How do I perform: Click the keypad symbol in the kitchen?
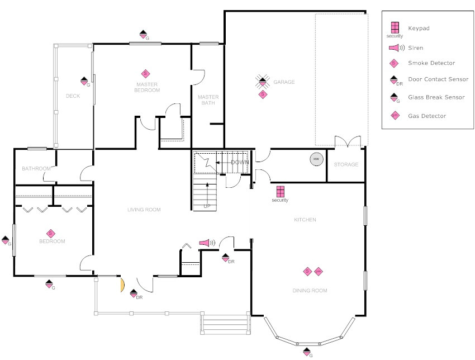tap(280, 191)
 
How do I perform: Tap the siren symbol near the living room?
tap(206, 243)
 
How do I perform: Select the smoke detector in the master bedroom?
tap(145, 73)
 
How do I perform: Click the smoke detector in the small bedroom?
tap(50, 234)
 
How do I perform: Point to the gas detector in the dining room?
tap(319, 272)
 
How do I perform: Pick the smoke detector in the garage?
tap(263, 94)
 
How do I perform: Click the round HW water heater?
tap(316, 159)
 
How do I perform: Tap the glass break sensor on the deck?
tap(84, 81)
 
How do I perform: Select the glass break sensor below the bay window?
tap(307, 352)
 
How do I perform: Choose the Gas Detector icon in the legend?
tap(395, 116)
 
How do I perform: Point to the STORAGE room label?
tap(346, 165)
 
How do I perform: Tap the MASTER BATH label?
tap(208, 100)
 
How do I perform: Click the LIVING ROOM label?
tap(144, 210)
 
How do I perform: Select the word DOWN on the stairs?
tap(239, 162)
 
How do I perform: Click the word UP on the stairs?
tap(207, 206)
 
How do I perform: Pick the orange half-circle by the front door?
tap(121, 285)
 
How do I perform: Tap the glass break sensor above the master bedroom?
tap(143, 34)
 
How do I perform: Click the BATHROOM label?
tap(36, 168)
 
